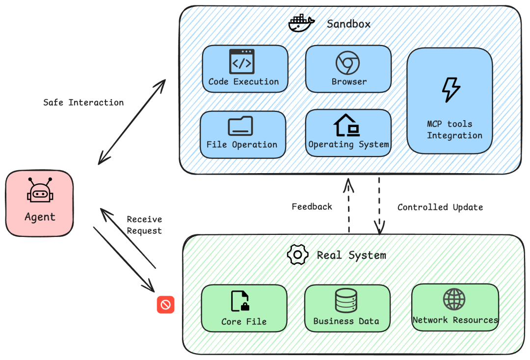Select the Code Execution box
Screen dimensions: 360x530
(245, 69)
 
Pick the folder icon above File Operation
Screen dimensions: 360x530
(240, 126)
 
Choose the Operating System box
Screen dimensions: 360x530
(348, 133)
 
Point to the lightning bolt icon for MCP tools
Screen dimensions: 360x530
(451, 90)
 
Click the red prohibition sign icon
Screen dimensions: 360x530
(165, 305)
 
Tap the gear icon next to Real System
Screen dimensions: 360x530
(297, 255)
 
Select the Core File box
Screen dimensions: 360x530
(244, 308)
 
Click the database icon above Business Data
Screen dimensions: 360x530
(346, 301)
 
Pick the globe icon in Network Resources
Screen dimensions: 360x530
(454, 299)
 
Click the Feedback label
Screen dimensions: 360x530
(312, 206)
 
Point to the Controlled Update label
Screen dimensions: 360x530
(440, 207)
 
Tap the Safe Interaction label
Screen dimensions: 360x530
(83, 103)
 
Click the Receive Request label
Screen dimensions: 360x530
(144, 225)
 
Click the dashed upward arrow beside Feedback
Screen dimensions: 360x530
(349, 206)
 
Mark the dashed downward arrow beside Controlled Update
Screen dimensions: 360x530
(379, 206)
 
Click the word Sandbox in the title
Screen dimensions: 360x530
(349, 24)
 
